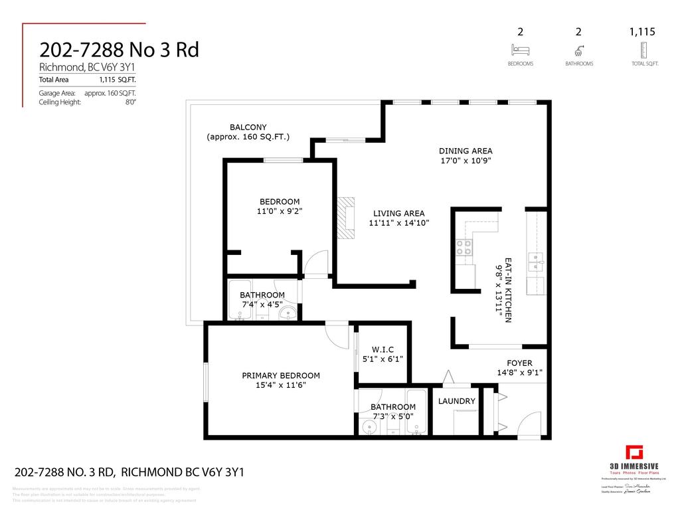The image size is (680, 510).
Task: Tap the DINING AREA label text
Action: click(x=465, y=151)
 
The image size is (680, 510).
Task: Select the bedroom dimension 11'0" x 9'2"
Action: click(x=279, y=212)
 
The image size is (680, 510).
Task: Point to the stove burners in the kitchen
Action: click(x=464, y=247)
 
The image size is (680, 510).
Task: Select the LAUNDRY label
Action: click(x=456, y=401)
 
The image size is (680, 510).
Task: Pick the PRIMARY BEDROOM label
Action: click(x=280, y=375)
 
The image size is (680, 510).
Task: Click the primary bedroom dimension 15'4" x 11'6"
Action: click(x=280, y=385)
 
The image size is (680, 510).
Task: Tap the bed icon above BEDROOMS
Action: click(x=520, y=49)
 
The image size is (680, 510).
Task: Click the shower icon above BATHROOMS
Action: click(x=578, y=50)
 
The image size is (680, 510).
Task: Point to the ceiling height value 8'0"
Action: click(x=130, y=102)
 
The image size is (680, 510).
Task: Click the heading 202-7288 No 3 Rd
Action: click(x=119, y=50)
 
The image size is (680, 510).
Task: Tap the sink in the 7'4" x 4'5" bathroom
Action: click(x=288, y=313)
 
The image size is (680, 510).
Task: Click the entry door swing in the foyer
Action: click(x=531, y=425)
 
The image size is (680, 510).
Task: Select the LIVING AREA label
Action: click(x=398, y=213)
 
